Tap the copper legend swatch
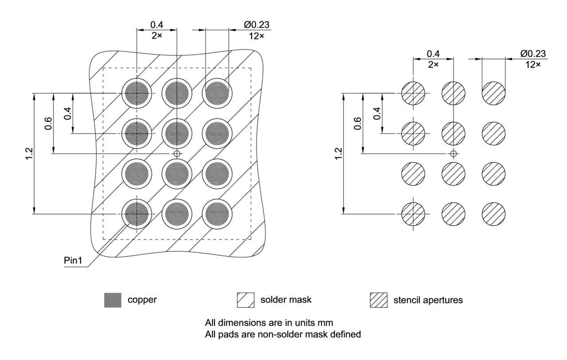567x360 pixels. [112, 300]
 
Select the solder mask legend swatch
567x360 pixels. [246, 300]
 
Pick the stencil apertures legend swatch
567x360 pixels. [378, 300]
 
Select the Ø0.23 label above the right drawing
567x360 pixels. [534, 54]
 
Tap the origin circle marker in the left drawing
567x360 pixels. [177, 153]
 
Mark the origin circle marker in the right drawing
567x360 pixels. [453, 153]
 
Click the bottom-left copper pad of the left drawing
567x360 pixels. [136, 214]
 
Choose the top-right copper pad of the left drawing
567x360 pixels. [217, 93]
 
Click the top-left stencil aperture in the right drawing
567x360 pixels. [413, 93]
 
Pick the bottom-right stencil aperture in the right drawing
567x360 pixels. [493, 214]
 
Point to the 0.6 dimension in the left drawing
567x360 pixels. [48, 122]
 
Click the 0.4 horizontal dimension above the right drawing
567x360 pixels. [433, 54]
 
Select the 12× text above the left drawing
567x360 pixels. [256, 36]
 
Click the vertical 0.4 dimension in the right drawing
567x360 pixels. [377, 113]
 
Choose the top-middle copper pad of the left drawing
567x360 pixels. [177, 93]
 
